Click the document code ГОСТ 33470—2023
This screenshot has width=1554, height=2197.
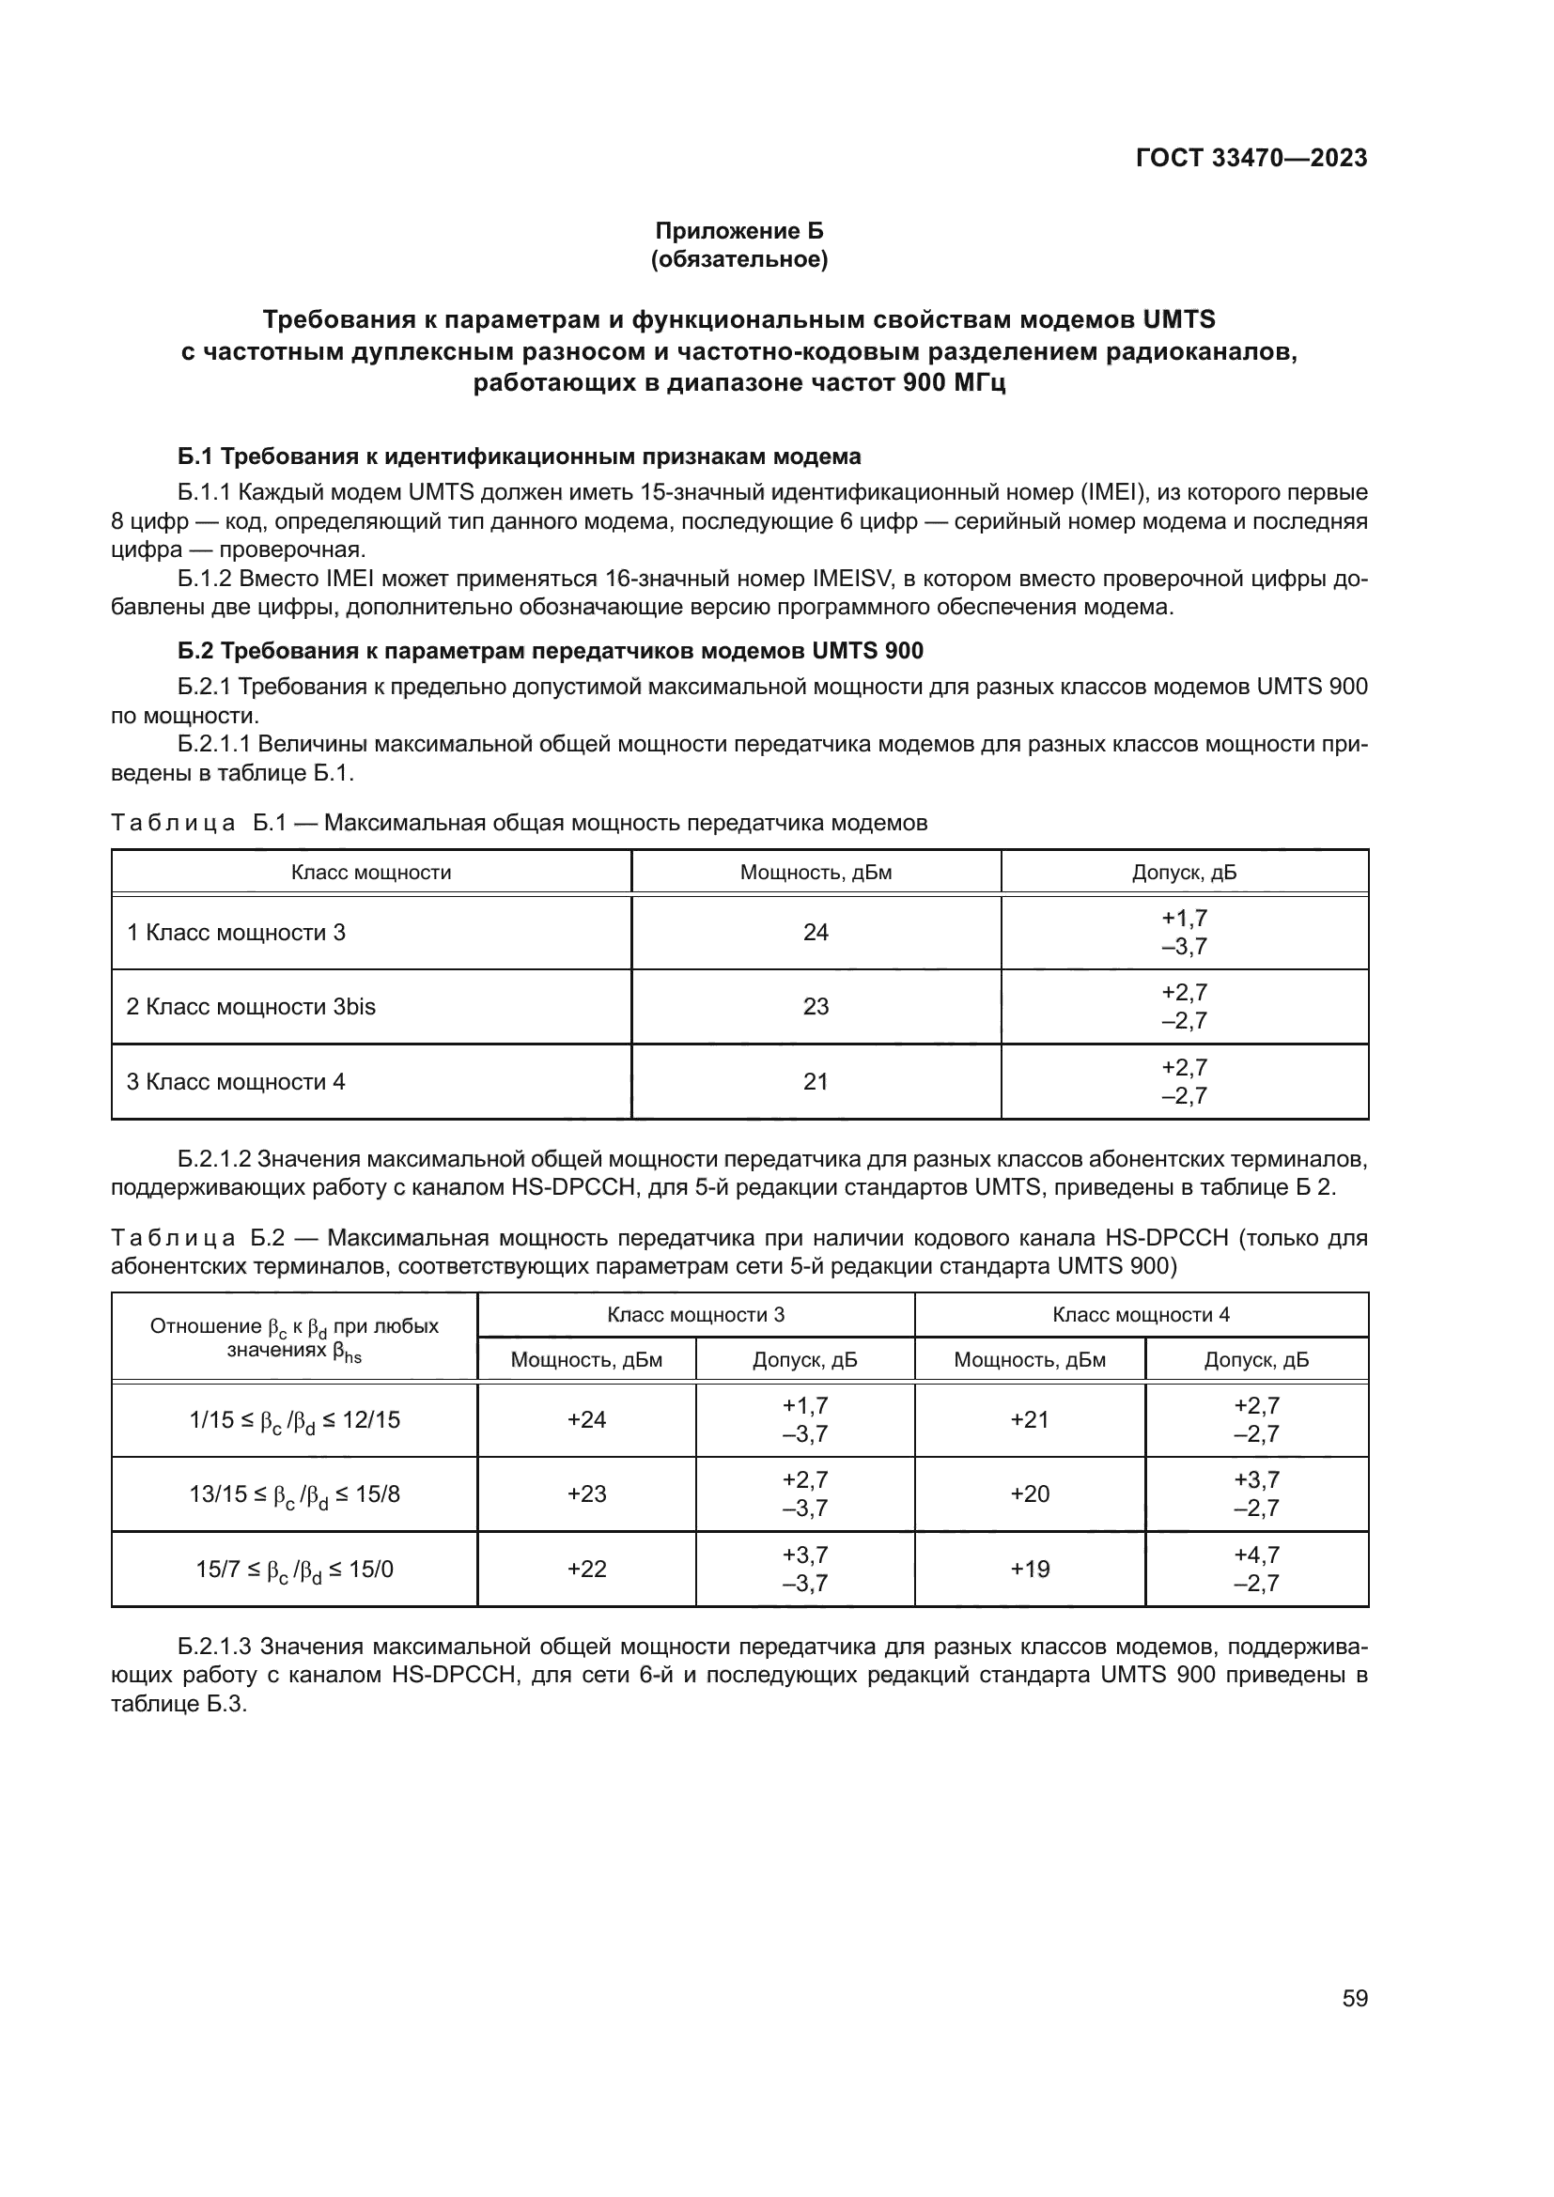(x=1251, y=158)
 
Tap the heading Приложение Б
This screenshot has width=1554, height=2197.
(x=738, y=231)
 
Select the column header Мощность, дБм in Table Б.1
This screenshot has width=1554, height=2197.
(x=816, y=873)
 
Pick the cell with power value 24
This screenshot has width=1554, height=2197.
(x=816, y=932)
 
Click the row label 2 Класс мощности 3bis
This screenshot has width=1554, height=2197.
(x=251, y=1007)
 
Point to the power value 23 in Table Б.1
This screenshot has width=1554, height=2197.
(x=816, y=1007)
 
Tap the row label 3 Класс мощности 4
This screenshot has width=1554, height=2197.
(x=236, y=1081)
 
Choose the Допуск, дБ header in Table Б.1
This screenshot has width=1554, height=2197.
(x=1184, y=873)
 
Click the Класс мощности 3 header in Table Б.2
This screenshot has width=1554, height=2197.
(x=695, y=1314)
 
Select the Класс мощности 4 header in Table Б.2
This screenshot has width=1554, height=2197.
(x=1141, y=1314)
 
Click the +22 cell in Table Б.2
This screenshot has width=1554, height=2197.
(x=586, y=1569)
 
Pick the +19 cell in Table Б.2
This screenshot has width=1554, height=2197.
(x=1030, y=1569)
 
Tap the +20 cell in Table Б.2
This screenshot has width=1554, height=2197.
(x=1030, y=1493)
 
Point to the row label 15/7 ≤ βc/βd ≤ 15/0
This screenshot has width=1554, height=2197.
(x=295, y=1570)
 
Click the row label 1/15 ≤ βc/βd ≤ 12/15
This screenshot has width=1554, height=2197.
(x=295, y=1420)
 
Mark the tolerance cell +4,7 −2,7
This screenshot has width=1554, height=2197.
(x=1256, y=1569)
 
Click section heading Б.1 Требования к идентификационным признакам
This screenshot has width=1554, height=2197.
(x=520, y=456)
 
